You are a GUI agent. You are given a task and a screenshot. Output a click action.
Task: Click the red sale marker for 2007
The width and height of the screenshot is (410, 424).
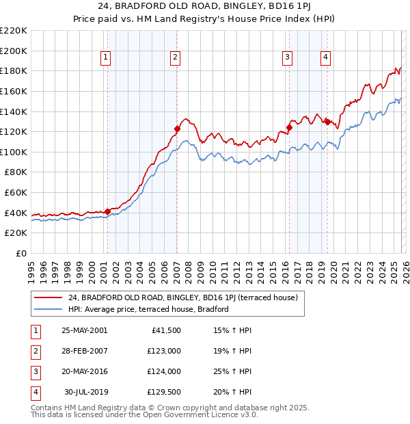click(x=177, y=129)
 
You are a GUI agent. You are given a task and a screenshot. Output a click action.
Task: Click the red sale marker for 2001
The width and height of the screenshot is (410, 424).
click(x=107, y=211)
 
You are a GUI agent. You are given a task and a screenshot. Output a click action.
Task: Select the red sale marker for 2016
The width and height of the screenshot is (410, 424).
click(x=289, y=127)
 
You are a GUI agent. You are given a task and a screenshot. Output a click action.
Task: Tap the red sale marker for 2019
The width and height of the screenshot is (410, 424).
click(x=327, y=122)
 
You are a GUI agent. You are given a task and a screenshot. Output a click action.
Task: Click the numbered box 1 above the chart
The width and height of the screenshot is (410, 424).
click(x=107, y=58)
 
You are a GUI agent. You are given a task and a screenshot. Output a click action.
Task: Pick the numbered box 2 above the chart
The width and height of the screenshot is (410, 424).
click(x=176, y=58)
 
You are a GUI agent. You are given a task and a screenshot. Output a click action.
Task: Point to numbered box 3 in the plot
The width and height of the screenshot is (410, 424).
click(x=288, y=58)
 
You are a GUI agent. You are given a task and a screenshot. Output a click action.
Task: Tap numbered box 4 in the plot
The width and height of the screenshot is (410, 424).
click(x=326, y=58)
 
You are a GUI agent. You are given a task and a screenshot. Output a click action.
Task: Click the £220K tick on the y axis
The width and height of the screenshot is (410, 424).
click(x=14, y=31)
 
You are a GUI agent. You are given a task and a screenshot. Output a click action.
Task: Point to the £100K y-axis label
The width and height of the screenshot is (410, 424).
click(x=14, y=152)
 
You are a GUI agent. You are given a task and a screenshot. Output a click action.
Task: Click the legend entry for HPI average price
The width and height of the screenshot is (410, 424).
click(x=148, y=310)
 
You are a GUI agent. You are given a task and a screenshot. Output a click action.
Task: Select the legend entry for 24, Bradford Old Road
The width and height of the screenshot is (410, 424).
click(x=182, y=298)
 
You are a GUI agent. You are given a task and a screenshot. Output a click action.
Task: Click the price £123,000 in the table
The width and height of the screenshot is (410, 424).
click(x=163, y=352)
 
